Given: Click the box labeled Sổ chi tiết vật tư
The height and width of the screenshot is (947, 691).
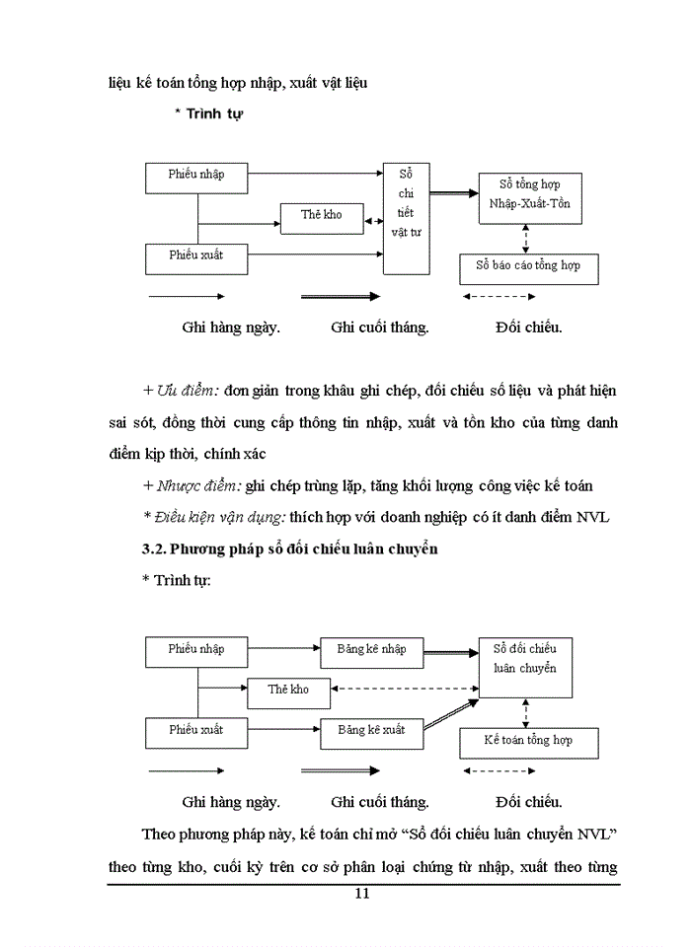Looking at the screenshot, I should coord(408,219).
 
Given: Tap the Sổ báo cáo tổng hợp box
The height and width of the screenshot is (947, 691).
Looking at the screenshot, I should coord(528,266).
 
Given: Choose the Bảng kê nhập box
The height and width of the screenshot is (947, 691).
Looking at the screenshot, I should coord(370,650).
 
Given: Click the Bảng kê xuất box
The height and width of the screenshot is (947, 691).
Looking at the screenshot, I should coord(370,731).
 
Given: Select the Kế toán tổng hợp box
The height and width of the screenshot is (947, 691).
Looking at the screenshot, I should coord(528,741).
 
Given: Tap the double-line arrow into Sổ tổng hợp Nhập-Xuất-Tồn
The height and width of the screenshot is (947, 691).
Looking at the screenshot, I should coord(454,194).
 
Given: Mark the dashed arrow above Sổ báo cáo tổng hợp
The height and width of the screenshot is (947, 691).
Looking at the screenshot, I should coord(526,237).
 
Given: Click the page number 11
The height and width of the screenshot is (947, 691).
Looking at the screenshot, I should coord(360,895).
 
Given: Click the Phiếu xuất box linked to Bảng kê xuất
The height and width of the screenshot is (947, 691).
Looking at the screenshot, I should coord(196,731).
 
